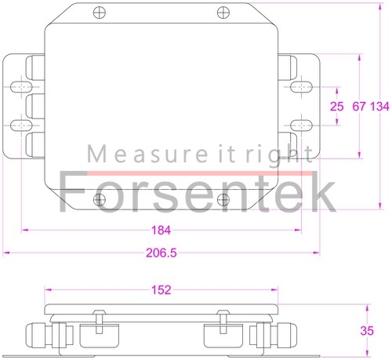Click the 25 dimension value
click(x=337, y=106)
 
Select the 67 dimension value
click(x=360, y=106)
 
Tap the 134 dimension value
click(x=379, y=106)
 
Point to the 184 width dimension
click(x=160, y=231)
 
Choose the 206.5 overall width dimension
click(x=162, y=253)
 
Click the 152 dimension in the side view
click(x=160, y=290)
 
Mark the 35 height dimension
click(x=366, y=331)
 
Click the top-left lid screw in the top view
click(x=98, y=13)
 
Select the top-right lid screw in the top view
click(x=224, y=13)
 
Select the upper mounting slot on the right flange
click(x=301, y=85)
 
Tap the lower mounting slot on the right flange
click(x=301, y=125)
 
